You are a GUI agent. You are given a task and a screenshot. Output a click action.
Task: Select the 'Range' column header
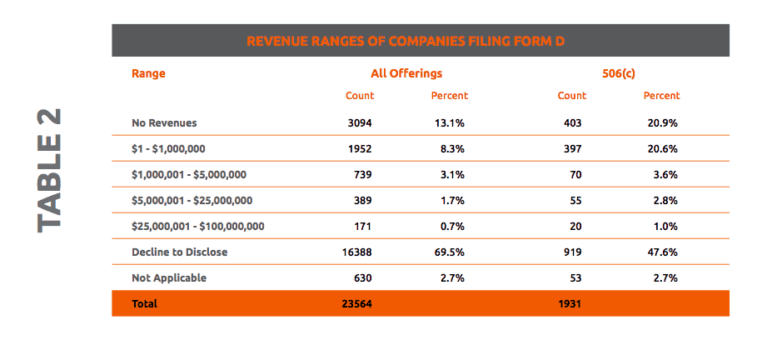tap(148, 73)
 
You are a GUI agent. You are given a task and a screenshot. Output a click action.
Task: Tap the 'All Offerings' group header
tap(406, 73)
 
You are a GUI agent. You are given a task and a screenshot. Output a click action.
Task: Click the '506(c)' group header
tap(619, 73)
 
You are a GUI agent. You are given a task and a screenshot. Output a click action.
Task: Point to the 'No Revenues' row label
tap(164, 122)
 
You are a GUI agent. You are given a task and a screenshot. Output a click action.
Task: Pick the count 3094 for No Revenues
tap(360, 122)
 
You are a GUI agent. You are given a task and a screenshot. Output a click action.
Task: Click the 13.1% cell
tap(449, 122)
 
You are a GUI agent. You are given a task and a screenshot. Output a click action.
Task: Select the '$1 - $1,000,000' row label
tap(168, 148)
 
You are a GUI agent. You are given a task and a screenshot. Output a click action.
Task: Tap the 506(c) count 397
tap(571, 148)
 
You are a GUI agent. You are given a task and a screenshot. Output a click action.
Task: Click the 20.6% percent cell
tap(662, 148)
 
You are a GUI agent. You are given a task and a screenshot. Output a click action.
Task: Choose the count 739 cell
tap(362, 174)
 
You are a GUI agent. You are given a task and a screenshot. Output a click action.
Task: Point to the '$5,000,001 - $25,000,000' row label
tap(192, 200)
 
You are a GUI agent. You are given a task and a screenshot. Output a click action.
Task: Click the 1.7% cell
tap(451, 200)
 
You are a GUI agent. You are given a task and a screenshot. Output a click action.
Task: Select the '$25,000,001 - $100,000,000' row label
tap(197, 226)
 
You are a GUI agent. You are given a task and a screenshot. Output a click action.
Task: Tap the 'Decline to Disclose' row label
tap(179, 252)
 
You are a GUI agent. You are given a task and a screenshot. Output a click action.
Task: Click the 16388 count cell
tap(357, 252)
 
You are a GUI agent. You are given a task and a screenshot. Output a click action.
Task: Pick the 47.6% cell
tap(662, 252)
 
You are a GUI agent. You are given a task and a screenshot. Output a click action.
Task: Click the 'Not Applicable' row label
tap(168, 277)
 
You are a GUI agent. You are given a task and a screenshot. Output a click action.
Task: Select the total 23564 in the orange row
tap(356, 304)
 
